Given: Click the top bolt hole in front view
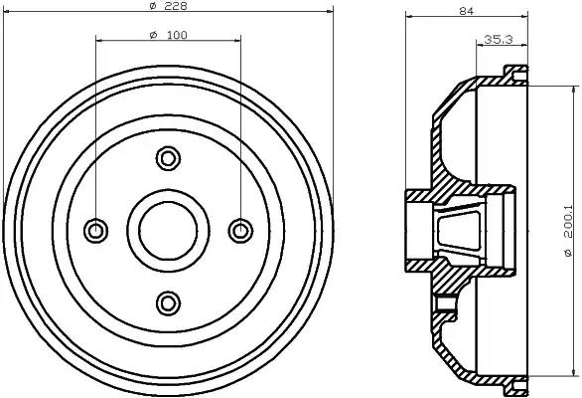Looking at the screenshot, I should tap(168, 157).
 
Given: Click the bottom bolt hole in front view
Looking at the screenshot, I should tap(168, 302).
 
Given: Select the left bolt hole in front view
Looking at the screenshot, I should tap(96, 231).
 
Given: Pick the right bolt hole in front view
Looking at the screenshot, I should tap(239, 231).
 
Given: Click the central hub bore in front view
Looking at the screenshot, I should tap(168, 230).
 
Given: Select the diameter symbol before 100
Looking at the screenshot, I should tap(153, 36).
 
